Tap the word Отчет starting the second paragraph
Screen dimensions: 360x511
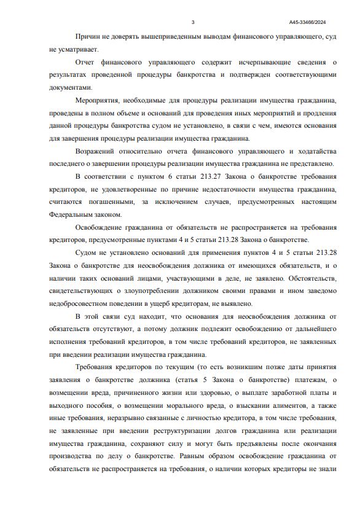coord(85,63)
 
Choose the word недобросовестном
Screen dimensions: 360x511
coord(81,303)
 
